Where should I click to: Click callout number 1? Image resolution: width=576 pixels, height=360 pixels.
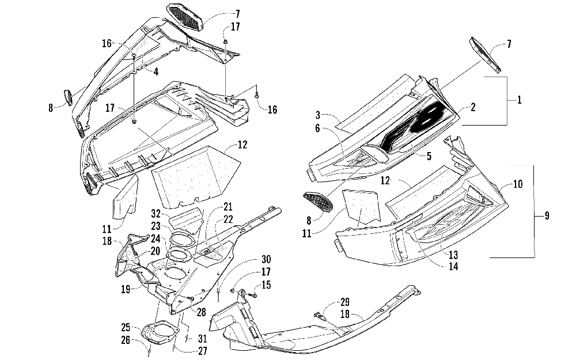point(519,100)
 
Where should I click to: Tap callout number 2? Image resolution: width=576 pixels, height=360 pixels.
point(472,107)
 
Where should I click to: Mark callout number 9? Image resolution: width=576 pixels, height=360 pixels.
point(547,216)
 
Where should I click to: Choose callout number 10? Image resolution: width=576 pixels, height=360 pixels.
point(518,184)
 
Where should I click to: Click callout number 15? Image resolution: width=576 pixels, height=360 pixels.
point(266,285)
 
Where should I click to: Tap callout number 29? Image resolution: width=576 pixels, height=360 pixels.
point(345,302)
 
